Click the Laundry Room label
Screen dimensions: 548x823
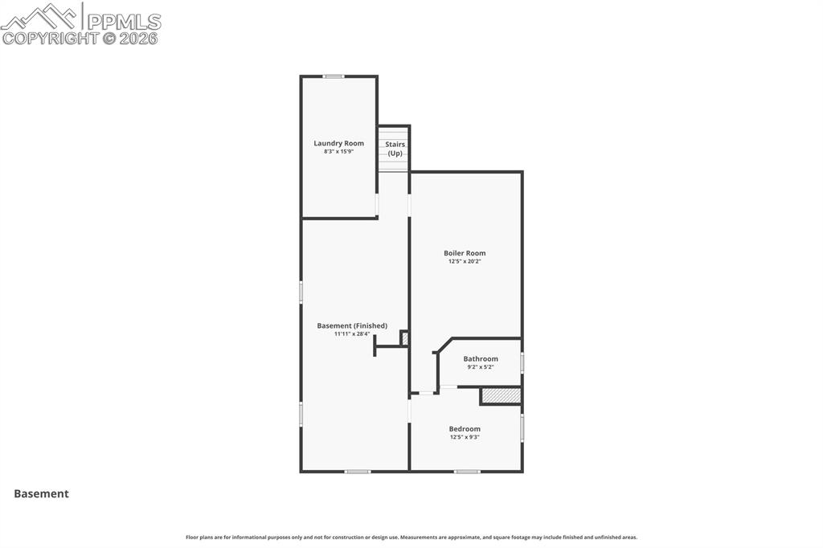pyautogui.click(x=338, y=143)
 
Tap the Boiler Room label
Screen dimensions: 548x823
pyautogui.click(x=465, y=253)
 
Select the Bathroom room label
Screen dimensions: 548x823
pyautogui.click(x=481, y=359)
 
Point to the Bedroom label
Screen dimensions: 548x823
pyautogui.click(x=465, y=429)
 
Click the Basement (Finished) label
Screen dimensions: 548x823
pyautogui.click(x=352, y=325)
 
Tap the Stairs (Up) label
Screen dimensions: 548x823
pyautogui.click(x=395, y=149)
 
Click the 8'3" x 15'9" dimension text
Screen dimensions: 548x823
pyautogui.click(x=338, y=151)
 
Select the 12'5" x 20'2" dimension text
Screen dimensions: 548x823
pyautogui.click(x=465, y=261)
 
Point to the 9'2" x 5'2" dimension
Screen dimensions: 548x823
pyautogui.click(x=481, y=367)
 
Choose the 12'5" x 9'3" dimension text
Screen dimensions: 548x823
pyautogui.click(x=465, y=437)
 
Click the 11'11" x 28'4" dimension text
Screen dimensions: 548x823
pyautogui.click(x=352, y=333)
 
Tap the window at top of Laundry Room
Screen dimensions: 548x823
pyautogui.click(x=334, y=76)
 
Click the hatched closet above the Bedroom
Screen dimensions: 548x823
pyautogui.click(x=502, y=396)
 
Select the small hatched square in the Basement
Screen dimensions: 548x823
pyautogui.click(x=404, y=338)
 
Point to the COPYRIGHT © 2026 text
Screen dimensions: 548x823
pyautogui.click(x=80, y=38)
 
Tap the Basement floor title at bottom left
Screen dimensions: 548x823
pyautogui.click(x=41, y=494)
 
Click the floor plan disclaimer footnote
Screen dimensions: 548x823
pyautogui.click(x=411, y=538)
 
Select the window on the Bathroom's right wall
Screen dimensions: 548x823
pyautogui.click(x=522, y=362)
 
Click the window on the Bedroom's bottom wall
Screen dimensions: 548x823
pyautogui.click(x=467, y=472)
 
